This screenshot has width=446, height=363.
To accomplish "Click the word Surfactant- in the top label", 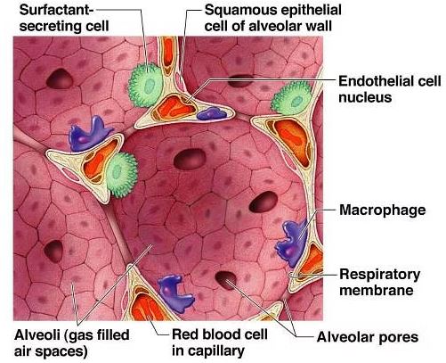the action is (x=56, y=11).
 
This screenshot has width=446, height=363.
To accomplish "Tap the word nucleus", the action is (x=365, y=97).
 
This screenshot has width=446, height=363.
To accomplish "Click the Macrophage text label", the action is (x=383, y=210).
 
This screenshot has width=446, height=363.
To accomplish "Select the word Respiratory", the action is (x=380, y=275).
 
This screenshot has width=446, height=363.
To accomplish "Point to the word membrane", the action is (x=377, y=291).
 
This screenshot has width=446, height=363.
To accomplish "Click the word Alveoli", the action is (x=37, y=335).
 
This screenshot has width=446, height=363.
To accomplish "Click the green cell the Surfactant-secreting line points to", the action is (x=146, y=85).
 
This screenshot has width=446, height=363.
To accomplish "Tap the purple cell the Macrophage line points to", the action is (x=291, y=243).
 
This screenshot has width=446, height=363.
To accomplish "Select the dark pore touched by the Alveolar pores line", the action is (x=226, y=280).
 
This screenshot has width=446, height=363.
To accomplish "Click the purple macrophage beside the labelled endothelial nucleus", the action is (x=212, y=114).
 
